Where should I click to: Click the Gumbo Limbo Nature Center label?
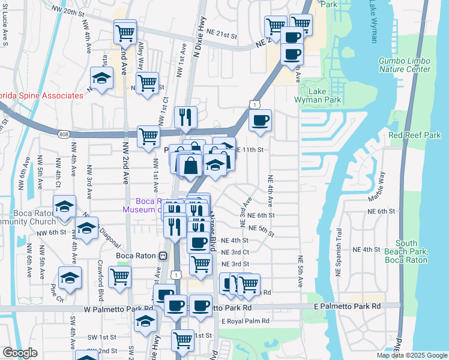point(405,65)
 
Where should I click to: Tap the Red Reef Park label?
point(415,135)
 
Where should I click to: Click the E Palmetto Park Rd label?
point(348,306)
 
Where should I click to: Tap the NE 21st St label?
point(223,35)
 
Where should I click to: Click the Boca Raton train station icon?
point(162,256)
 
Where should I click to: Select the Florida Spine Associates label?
point(41,95)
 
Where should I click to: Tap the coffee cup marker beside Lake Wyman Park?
point(260,119)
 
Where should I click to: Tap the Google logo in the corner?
point(20,353)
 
